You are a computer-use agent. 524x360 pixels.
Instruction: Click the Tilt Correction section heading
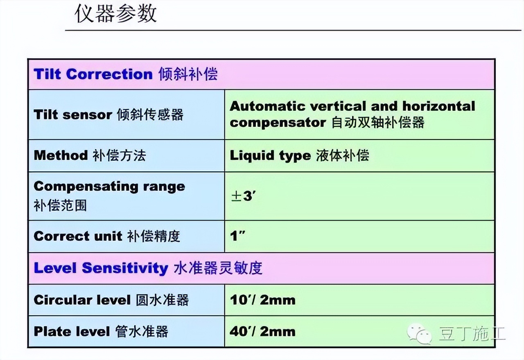[126, 74]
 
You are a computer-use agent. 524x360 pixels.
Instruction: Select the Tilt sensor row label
[108, 115]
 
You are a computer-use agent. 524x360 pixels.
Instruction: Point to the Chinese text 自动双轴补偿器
[378, 122]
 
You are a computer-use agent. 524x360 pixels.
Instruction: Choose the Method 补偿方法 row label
[90, 155]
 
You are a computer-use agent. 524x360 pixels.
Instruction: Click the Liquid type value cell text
[299, 155]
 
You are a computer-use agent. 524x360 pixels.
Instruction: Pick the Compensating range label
[109, 187]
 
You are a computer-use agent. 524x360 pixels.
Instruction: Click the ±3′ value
[243, 196]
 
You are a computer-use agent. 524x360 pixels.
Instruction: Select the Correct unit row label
[107, 236]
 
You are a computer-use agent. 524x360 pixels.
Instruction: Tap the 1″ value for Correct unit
[237, 236]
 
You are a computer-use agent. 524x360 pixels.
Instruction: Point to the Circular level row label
[111, 300]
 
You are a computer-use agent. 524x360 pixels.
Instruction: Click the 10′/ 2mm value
[262, 300]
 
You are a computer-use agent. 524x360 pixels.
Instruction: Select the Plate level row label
[101, 331]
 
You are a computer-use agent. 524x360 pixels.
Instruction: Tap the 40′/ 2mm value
[262, 331]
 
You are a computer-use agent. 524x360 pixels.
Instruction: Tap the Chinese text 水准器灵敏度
[218, 268]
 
